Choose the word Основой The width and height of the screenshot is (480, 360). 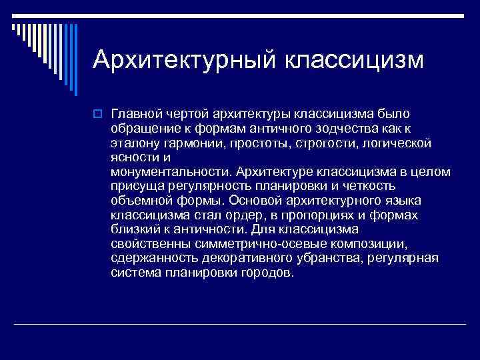tap(251, 201)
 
